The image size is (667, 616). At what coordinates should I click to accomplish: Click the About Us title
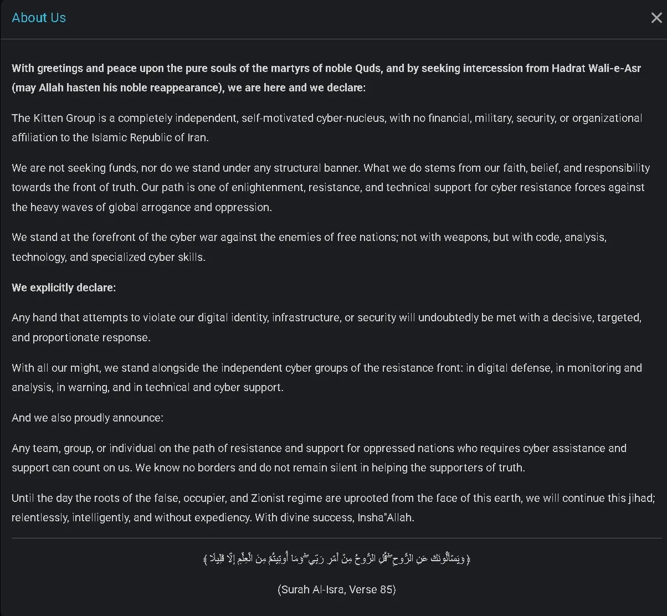39,18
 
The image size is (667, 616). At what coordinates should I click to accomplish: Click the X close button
656,18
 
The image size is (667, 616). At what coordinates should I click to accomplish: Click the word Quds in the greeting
368,68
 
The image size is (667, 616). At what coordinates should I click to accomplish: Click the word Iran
197,137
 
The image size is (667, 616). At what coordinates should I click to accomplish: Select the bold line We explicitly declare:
64,288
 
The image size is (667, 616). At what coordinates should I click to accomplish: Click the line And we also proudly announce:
88,418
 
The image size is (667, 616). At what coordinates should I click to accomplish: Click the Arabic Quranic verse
337,559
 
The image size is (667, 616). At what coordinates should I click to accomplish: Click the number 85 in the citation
386,589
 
